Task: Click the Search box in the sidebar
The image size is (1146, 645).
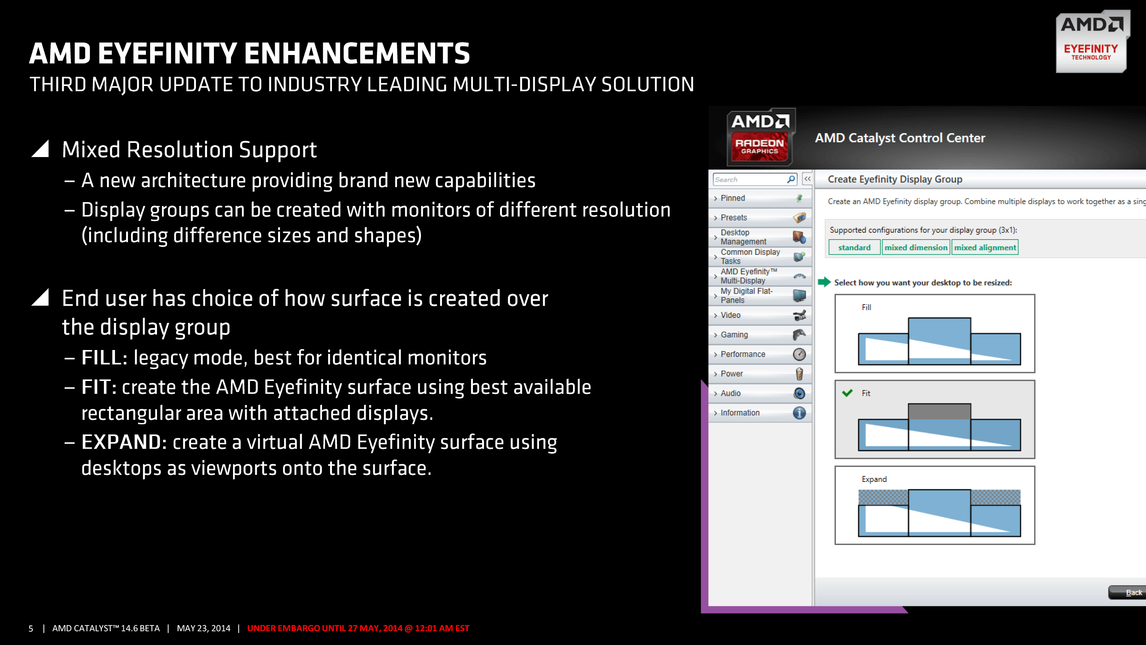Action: click(x=749, y=179)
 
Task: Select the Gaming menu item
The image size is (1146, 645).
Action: click(x=734, y=334)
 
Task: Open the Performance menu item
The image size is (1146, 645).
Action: click(x=743, y=354)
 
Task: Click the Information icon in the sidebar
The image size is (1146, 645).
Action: click(x=799, y=413)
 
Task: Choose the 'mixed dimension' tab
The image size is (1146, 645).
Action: click(x=916, y=247)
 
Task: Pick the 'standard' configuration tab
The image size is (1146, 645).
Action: click(x=854, y=247)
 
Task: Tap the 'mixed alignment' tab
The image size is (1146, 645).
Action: click(x=984, y=247)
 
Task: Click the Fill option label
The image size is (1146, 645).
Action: click(x=866, y=307)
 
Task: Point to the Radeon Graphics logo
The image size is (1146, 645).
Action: click(x=760, y=138)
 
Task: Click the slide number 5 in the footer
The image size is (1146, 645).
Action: click(x=31, y=628)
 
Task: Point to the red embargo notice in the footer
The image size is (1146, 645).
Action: click(x=358, y=628)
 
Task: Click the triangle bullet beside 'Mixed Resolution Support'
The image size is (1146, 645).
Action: click(x=40, y=149)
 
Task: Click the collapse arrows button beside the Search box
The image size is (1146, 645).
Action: click(x=807, y=179)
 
